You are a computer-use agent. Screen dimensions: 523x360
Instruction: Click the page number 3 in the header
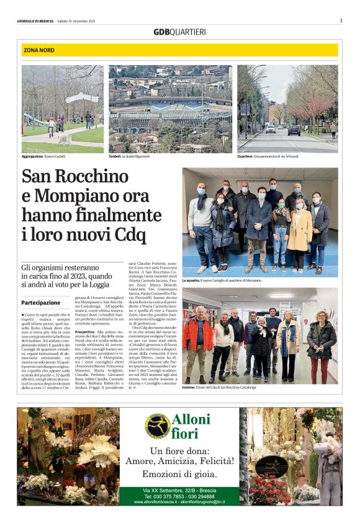(341, 20)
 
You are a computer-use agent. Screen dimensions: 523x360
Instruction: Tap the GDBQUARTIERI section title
(179, 32)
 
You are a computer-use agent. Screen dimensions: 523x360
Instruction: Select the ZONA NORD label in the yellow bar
(39, 50)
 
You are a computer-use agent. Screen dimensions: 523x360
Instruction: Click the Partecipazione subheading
(41, 303)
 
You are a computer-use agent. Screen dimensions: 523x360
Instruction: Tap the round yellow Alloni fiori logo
(158, 424)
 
